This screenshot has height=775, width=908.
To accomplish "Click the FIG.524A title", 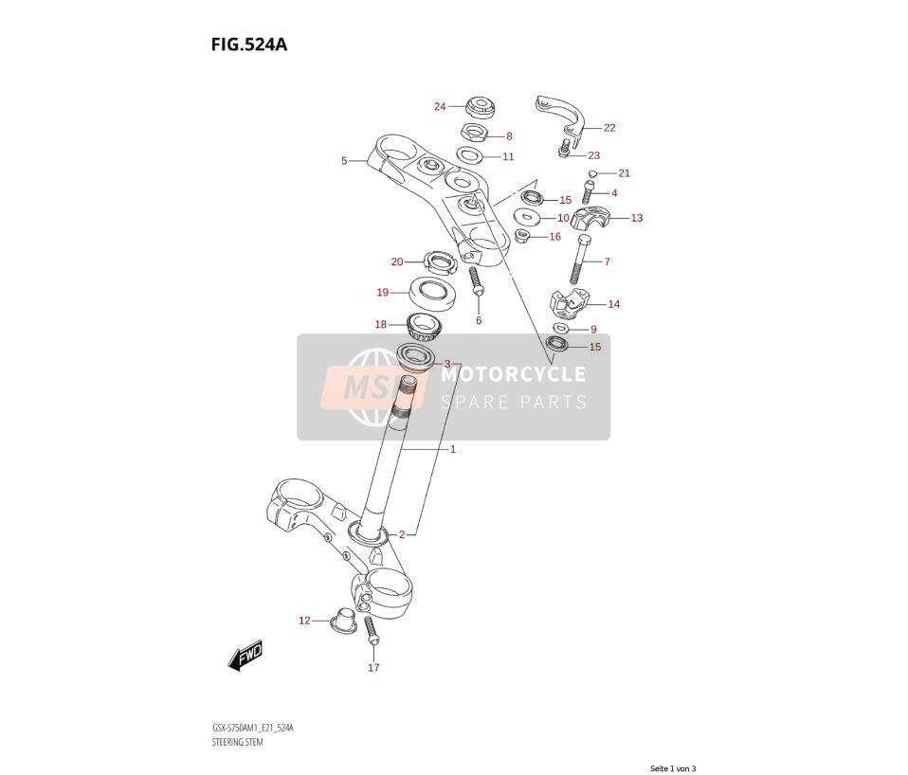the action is point(249,44).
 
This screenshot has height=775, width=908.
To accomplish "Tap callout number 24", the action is point(440,106).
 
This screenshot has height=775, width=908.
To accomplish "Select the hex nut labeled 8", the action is point(473,134).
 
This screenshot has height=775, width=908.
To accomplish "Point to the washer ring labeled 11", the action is point(469,155).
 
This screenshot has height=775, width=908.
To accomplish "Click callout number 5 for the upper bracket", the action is point(344,161).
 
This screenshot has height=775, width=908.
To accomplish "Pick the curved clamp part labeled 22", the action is point(560,115).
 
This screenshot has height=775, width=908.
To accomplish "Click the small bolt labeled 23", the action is point(562,151).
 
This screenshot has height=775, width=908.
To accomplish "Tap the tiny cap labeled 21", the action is point(591,173).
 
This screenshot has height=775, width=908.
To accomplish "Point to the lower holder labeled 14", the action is point(569,304).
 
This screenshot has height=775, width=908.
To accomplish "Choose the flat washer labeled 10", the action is point(527,217).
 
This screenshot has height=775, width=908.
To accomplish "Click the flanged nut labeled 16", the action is point(521,236).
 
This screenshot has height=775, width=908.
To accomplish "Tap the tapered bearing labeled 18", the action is point(424,327).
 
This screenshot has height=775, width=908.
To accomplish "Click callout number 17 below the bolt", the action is point(373,667).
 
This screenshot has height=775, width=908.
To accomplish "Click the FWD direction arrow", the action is point(245,656).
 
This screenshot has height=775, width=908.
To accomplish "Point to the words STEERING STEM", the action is point(237,742).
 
